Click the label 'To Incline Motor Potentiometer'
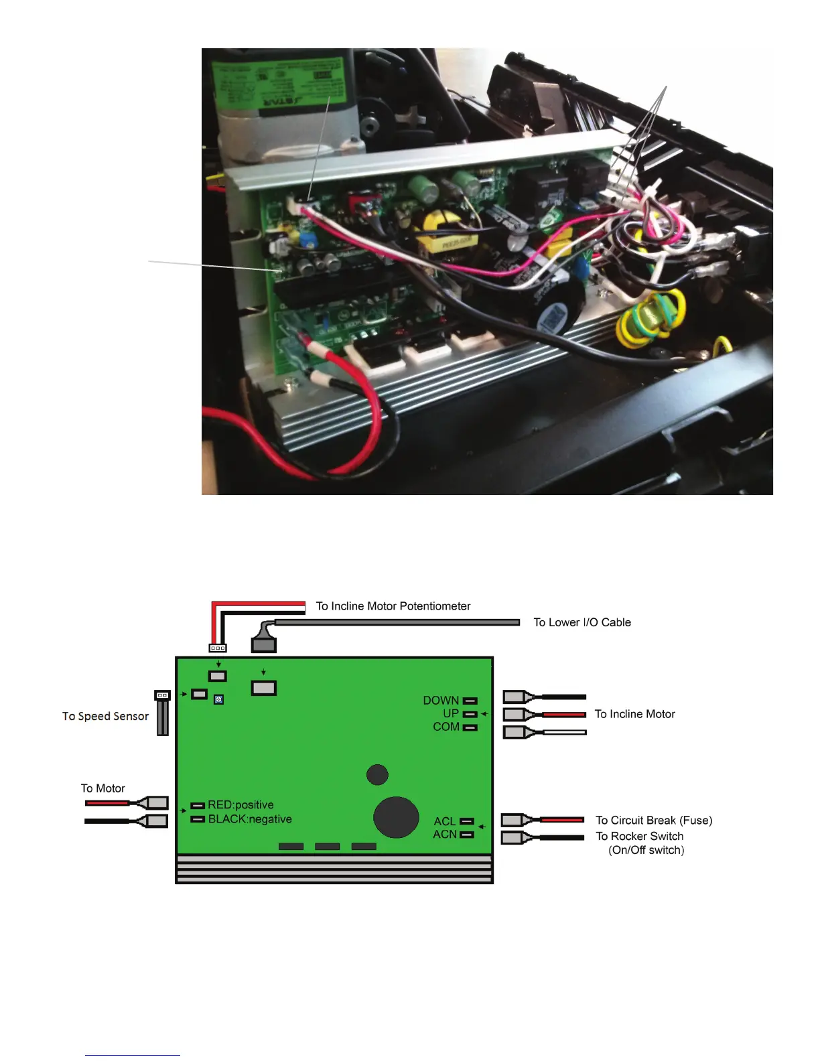coord(393,606)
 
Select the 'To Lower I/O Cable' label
coord(582,622)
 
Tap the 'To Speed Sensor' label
coord(105,716)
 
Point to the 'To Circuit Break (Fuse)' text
coord(653,821)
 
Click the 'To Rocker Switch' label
coord(639,836)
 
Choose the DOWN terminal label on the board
coord(440,700)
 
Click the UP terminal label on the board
coord(450,713)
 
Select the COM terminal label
coord(446,727)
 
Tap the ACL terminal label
coord(444,821)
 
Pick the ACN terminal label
coord(444,834)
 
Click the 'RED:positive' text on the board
coord(241,804)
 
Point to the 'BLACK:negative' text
coord(249,819)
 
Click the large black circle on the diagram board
coord(396,817)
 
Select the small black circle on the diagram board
coord(377,774)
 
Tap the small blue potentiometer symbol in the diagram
coord(218,699)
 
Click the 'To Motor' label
coord(102,788)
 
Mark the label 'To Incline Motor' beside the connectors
coord(634,714)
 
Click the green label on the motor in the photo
coord(281,84)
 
